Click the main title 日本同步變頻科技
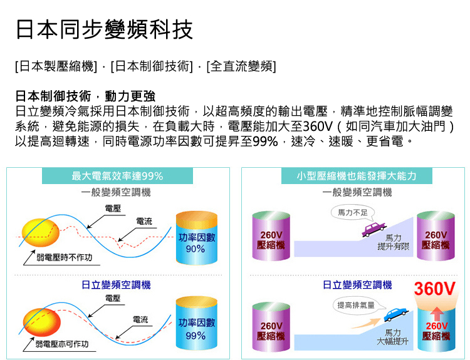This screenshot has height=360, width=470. coord(104,29)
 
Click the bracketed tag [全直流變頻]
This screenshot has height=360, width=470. coord(241,66)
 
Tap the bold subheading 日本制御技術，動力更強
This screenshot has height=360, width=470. coord(85,97)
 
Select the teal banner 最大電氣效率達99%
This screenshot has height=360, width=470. coord(117,176)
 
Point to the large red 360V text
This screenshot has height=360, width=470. coord(434,290)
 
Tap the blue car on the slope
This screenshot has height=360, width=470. coord(394,314)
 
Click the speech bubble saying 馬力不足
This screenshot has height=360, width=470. coord(353,213)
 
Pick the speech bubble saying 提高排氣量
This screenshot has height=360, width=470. coord(355,305)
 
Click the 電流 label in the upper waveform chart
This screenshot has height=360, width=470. coord(144,222)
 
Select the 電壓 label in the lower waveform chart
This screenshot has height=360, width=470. coord(113,297)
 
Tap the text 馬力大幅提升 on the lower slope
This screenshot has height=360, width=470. coord(393,337)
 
